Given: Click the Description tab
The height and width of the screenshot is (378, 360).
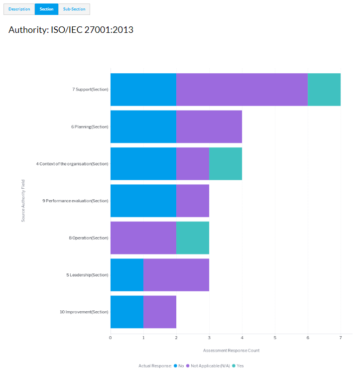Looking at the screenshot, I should point(19,9).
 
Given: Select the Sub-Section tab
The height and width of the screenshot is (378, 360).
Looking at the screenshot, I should point(74,9).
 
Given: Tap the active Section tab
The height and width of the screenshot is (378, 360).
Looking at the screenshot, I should point(46,9).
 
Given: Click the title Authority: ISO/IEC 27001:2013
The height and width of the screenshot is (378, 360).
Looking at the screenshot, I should point(71,30).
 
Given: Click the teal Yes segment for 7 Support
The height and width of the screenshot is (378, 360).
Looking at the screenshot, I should point(324,90).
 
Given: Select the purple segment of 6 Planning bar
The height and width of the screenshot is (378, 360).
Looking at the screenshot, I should point(209,126).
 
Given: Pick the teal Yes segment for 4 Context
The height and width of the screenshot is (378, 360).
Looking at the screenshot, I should point(225,163).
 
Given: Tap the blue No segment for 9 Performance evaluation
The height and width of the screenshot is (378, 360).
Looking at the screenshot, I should point(143,201).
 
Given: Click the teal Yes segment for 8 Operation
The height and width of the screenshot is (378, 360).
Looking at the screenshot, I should point(192,238).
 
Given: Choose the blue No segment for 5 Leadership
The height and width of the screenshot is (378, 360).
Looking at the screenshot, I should point(126,275).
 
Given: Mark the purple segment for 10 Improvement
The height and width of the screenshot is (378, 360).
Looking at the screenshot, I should point(159,312).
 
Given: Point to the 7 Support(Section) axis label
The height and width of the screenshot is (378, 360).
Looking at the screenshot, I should point(90,90).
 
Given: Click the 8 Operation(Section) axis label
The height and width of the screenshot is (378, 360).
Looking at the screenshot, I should point(89,238).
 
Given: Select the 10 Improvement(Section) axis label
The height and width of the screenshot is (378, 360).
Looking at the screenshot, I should point(84,312).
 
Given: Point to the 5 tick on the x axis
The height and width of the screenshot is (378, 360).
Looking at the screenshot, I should point(275,338).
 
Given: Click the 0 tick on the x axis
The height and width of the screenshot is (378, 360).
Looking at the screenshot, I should point(111,338).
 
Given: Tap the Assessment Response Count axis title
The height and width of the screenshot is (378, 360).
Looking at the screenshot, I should point(231,351).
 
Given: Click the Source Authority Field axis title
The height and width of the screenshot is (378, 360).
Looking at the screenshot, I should point(23,201).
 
